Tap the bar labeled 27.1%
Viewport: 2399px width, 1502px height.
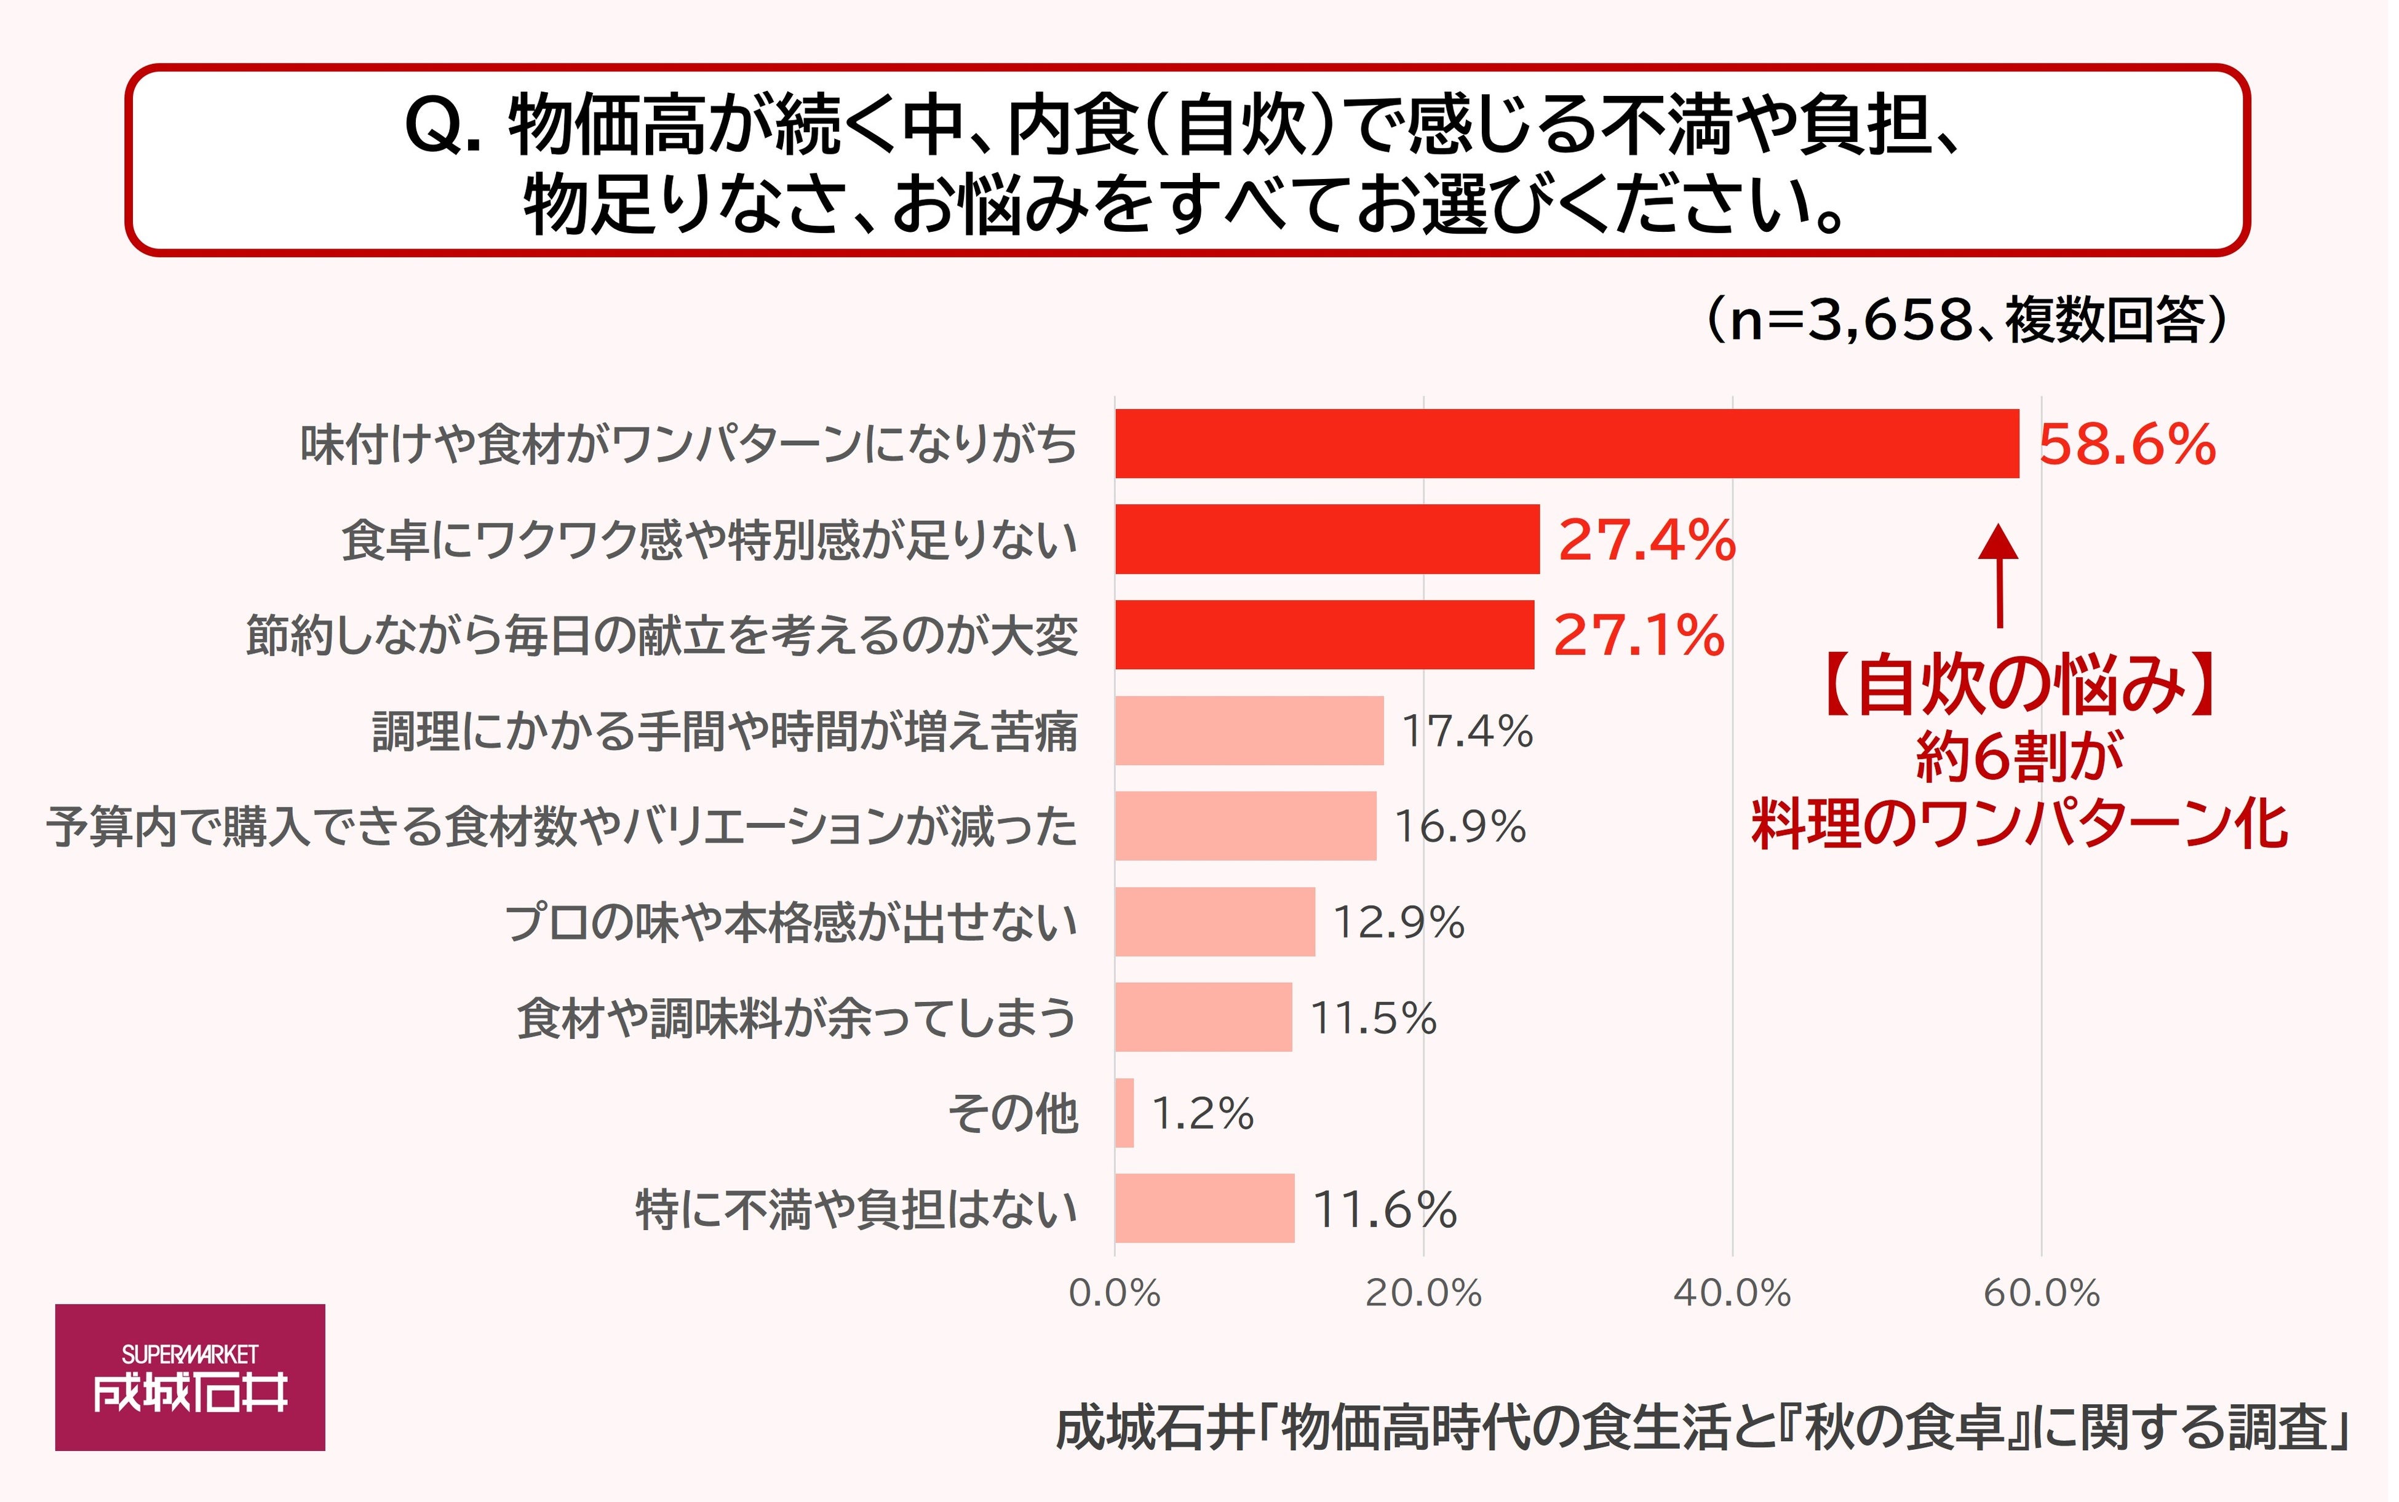(x=1324, y=635)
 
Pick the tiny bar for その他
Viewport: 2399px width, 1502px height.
(x=1124, y=1113)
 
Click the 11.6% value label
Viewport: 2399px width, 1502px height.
(x=1385, y=1210)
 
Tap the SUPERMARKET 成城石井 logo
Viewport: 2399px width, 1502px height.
(x=189, y=1377)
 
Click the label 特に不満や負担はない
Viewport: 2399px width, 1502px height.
(x=856, y=1210)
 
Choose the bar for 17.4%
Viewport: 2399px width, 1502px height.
(x=1249, y=730)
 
